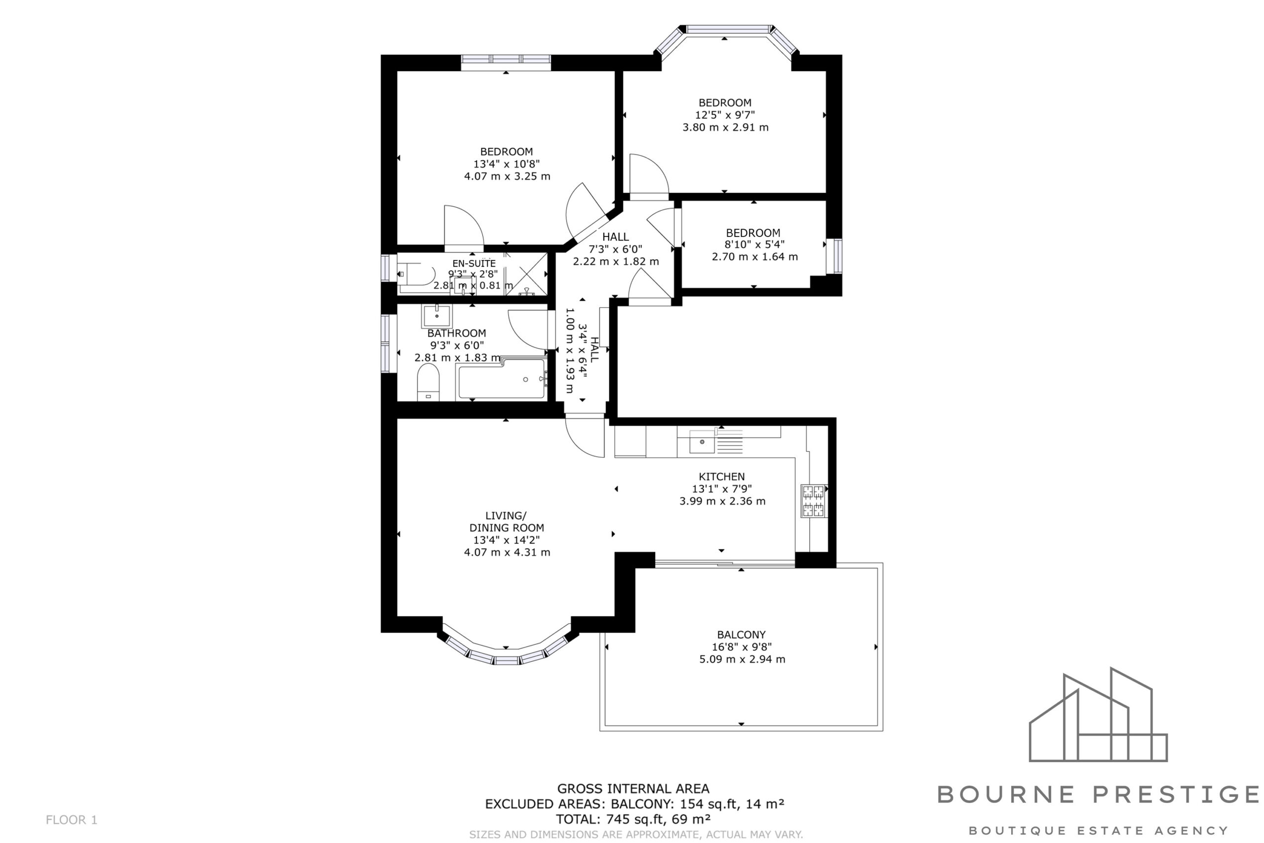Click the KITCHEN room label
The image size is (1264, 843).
[722, 477]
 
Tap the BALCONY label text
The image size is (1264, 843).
[741, 635]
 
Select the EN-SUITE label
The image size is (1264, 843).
[474, 263]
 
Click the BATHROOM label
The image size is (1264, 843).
[457, 333]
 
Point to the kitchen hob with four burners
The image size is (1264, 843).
[813, 501]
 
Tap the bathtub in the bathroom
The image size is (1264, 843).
[501, 378]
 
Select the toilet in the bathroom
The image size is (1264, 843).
[428, 382]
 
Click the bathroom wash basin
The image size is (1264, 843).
[437, 316]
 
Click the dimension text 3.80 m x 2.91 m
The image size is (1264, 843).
[725, 127]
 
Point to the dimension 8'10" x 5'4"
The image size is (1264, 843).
[754, 244]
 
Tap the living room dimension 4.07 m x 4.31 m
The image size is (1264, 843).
[507, 552]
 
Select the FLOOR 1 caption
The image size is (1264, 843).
[72, 820]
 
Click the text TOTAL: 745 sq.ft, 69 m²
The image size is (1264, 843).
[633, 819]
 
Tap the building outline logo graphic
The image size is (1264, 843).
[1098, 715]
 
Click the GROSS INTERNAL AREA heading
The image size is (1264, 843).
[633, 789]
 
